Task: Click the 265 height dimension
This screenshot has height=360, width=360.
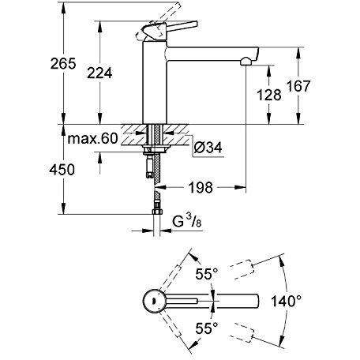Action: click(x=63, y=63)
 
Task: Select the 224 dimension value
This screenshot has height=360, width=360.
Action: click(x=99, y=73)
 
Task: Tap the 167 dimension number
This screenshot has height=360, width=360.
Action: click(x=298, y=86)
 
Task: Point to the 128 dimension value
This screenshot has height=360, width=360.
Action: click(x=269, y=95)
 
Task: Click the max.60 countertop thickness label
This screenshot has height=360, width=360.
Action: click(x=92, y=138)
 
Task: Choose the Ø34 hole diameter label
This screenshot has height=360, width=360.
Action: click(x=208, y=148)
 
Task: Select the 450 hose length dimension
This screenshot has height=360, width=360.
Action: click(x=62, y=170)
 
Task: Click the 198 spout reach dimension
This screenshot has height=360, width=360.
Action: click(x=201, y=188)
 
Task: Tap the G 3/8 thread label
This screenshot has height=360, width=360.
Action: click(x=187, y=221)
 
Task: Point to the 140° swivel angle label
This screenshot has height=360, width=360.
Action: click(x=287, y=301)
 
